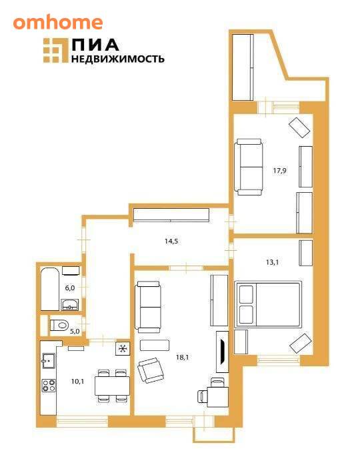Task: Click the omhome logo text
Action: (58, 23)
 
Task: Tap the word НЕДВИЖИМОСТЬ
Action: (118, 59)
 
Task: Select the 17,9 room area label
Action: (279, 171)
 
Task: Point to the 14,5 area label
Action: (171, 241)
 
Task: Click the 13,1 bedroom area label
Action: (272, 262)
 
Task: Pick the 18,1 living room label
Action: (183, 357)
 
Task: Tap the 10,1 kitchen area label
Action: (77, 382)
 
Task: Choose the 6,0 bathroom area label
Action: (70, 288)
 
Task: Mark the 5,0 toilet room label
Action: (75, 332)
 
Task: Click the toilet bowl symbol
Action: (59, 325)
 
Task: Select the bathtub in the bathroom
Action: (50, 289)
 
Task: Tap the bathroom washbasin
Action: (70, 304)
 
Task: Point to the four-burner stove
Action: (49, 386)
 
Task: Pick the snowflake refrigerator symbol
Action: (123, 349)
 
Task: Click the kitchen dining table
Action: (112, 386)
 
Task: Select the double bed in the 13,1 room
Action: (268, 305)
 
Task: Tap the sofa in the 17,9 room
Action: (249, 167)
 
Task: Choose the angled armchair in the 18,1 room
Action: (150, 370)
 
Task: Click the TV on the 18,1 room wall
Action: (222, 352)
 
